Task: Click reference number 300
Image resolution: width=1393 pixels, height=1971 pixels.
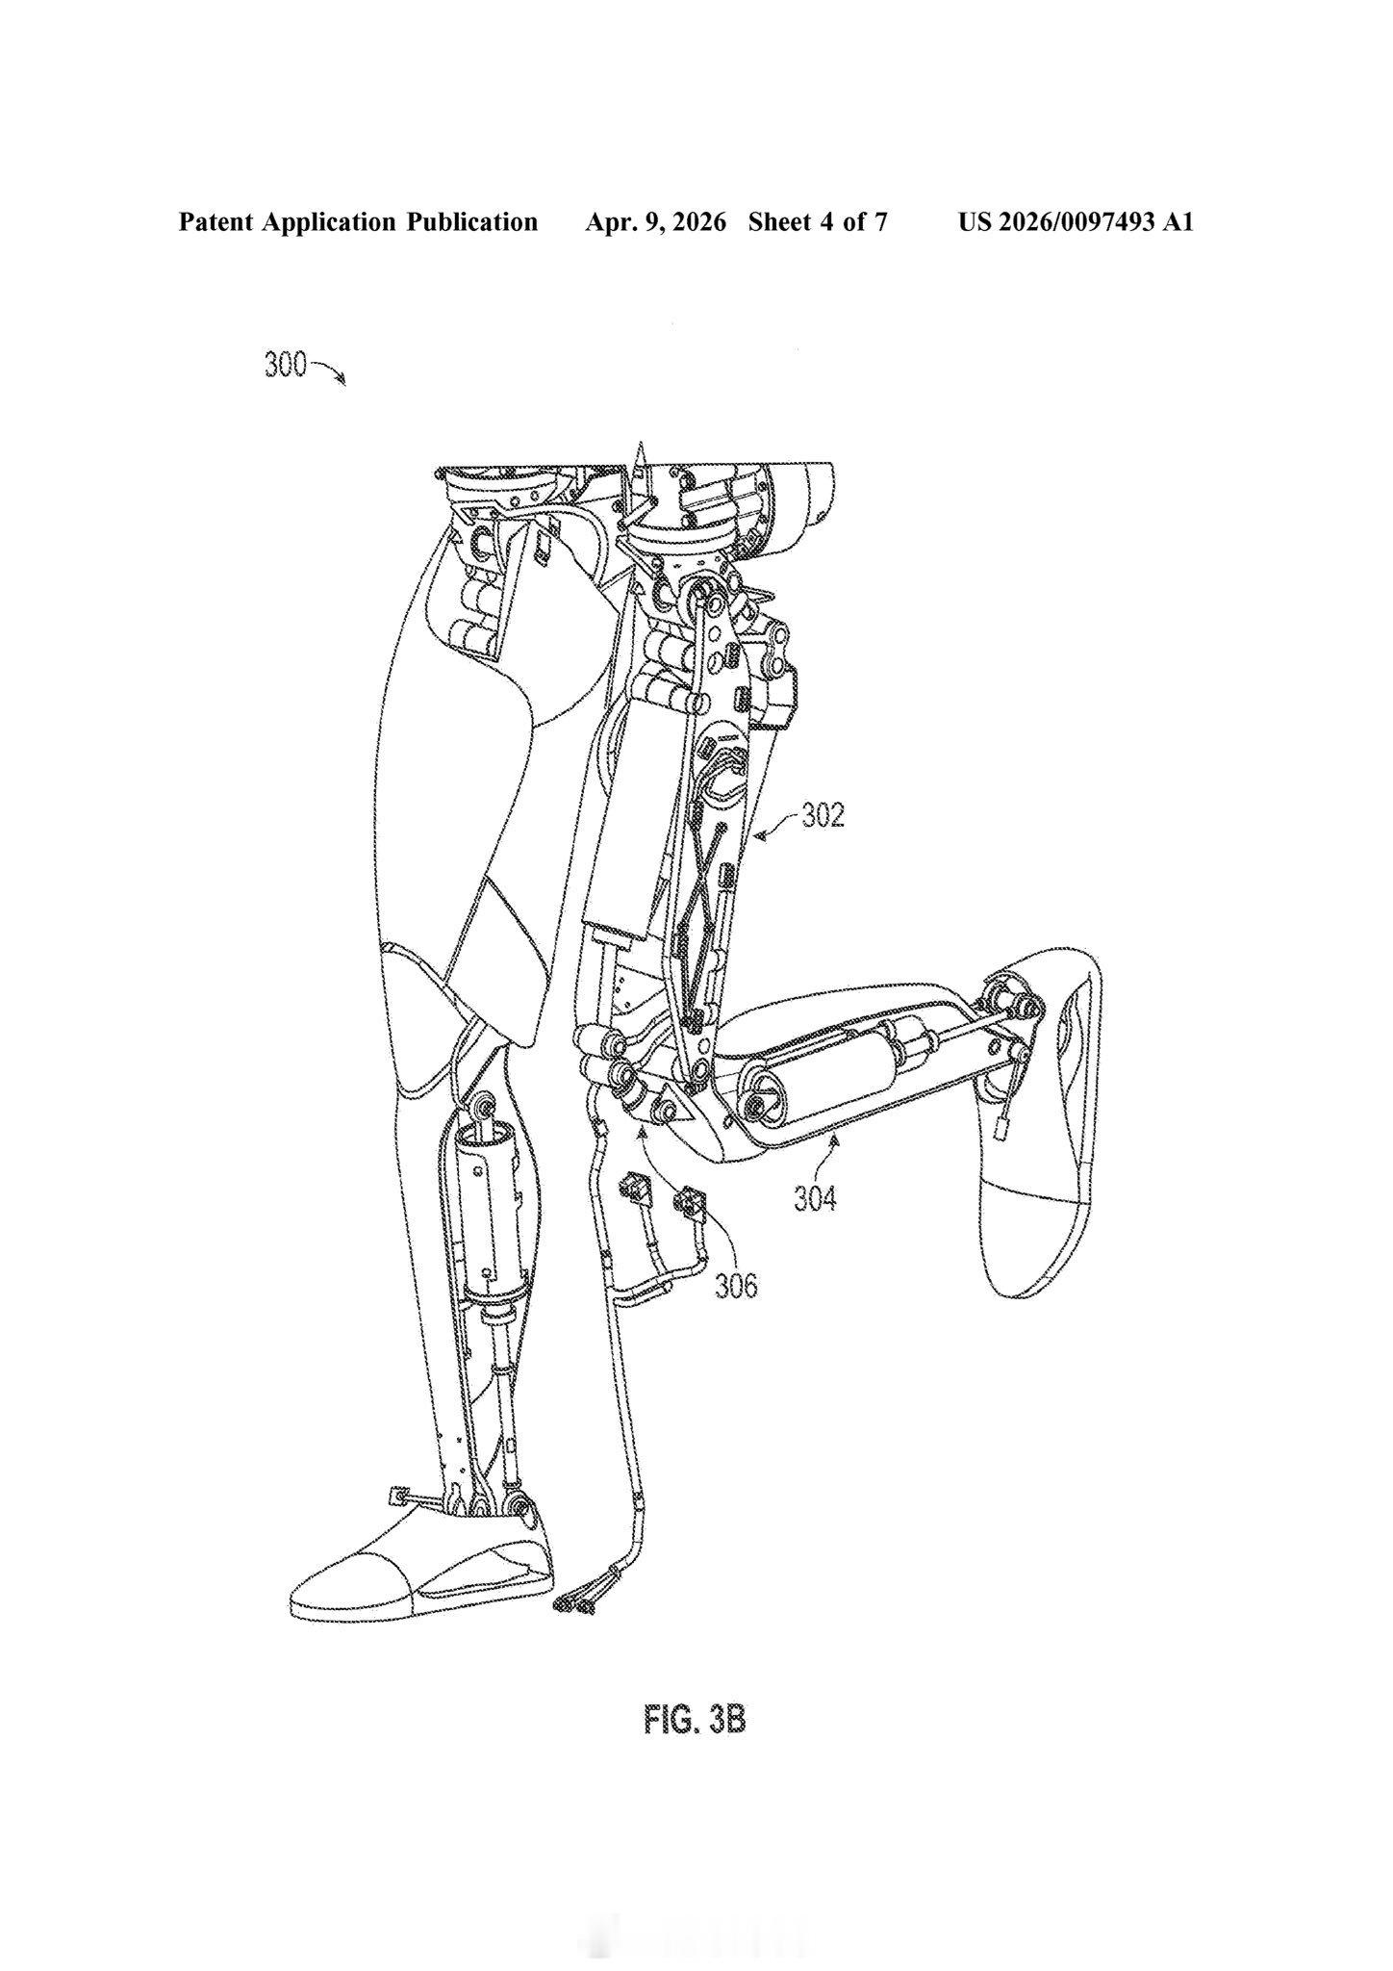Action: coord(285,366)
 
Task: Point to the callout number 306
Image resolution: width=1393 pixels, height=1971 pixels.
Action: coord(736,1286)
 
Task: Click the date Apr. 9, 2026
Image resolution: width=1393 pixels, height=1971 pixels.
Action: coord(655,222)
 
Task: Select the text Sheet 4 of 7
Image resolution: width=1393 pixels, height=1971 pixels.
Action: coord(818,222)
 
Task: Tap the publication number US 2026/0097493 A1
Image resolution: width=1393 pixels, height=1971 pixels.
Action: coord(1076,222)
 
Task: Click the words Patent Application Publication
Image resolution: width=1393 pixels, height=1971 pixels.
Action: coord(358,222)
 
